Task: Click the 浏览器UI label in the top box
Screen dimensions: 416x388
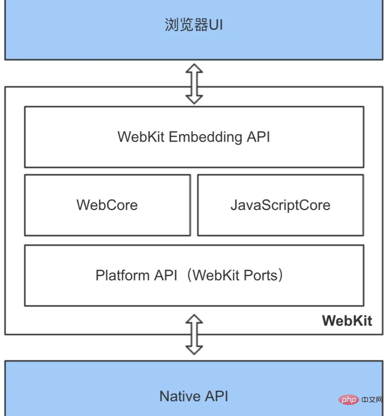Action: (193, 25)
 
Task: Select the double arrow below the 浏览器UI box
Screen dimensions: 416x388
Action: (194, 83)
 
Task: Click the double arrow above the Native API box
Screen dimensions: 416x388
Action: (194, 334)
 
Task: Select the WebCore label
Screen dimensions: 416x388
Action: (107, 204)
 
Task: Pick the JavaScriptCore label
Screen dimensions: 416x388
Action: (280, 204)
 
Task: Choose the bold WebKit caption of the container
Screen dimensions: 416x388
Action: (347, 320)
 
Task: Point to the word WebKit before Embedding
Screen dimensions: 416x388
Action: (141, 137)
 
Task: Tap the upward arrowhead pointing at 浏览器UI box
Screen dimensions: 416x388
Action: (194, 69)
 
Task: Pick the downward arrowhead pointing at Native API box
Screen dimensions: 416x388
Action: (194, 349)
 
